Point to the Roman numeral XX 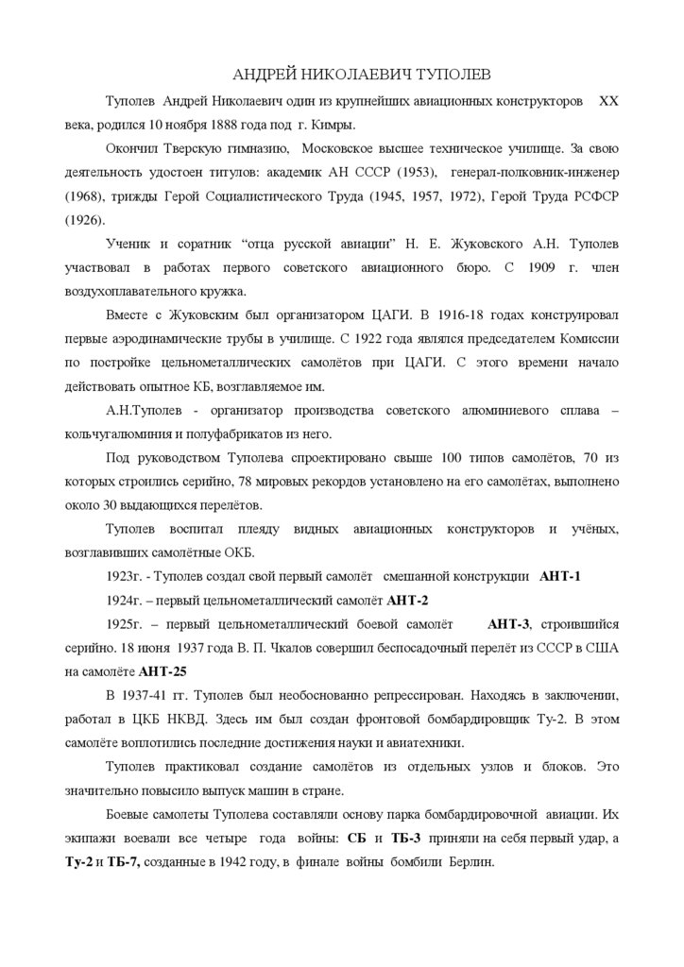[609, 101]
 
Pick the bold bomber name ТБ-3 [405, 840]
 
